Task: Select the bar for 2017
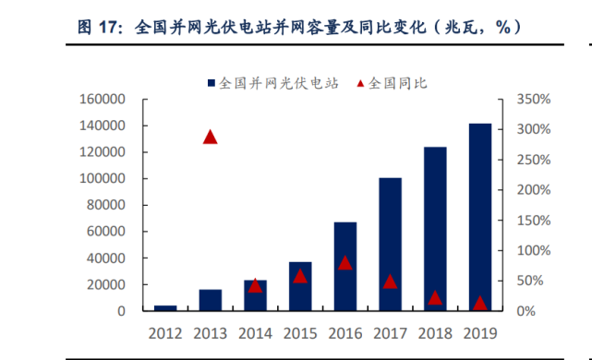click(390, 245)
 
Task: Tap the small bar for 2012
click(165, 308)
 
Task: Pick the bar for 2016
click(344, 267)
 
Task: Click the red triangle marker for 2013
click(210, 137)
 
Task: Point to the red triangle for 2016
click(344, 263)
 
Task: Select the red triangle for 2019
click(479, 303)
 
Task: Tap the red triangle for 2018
click(435, 297)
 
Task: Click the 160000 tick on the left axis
click(102, 99)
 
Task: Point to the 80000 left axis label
click(105, 205)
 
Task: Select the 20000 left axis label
click(105, 285)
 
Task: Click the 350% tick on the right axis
click(534, 99)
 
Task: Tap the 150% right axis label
click(534, 221)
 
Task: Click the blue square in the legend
click(211, 82)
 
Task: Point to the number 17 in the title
click(107, 29)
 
